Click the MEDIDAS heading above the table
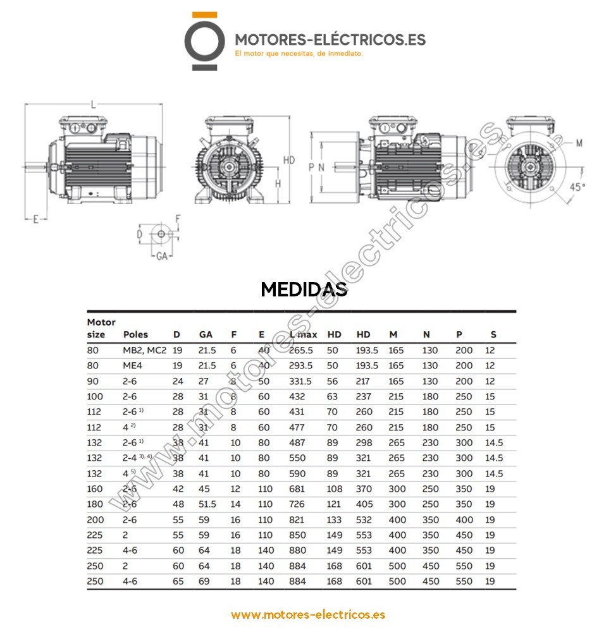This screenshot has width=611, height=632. click(304, 289)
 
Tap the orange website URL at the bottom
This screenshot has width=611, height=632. click(308, 614)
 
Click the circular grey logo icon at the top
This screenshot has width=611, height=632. click(204, 40)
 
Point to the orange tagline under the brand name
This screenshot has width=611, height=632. click(299, 54)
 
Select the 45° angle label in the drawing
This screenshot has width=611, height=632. click(577, 187)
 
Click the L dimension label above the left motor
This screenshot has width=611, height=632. click(94, 104)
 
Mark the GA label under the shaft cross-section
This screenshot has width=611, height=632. click(161, 257)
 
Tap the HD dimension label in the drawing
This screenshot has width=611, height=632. click(289, 161)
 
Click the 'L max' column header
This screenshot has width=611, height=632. click(303, 334)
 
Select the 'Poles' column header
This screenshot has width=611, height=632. click(135, 334)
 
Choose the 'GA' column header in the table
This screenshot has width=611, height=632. click(206, 334)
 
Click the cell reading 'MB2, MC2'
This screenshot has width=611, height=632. click(144, 350)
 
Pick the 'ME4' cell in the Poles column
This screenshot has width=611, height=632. click(133, 366)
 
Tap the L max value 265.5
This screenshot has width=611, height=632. click(301, 350)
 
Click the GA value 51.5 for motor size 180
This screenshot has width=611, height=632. click(207, 504)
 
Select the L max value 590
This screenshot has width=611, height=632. click(297, 473)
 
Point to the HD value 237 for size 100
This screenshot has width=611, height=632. click(364, 396)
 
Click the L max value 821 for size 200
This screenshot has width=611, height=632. click(297, 520)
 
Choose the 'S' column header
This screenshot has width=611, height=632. click(493, 334)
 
